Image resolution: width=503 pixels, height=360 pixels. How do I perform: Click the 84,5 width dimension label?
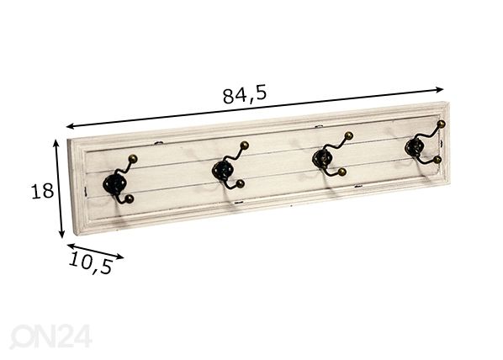tap(245, 95)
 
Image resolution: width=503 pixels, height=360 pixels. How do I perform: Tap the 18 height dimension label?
tap(42, 191)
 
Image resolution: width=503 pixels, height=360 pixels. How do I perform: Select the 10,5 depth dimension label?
tap(91, 262)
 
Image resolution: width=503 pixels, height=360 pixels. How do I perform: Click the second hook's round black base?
tap(222, 170)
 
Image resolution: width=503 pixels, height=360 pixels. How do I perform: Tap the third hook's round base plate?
tap(321, 157)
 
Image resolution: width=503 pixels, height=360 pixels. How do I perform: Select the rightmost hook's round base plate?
tap(415, 147)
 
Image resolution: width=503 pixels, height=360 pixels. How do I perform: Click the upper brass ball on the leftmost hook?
tap(133, 159)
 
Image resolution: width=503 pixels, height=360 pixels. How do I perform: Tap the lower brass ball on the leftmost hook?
tap(130, 199)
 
